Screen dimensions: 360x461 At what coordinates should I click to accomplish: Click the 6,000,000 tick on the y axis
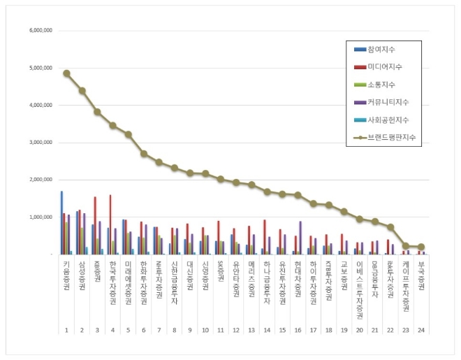[x=43, y=31]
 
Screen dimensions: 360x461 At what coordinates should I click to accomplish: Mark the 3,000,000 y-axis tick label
[x=43, y=143]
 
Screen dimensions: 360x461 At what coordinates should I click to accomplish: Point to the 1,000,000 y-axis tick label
[x=43, y=217]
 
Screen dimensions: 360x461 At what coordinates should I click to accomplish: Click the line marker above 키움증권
[x=66, y=73]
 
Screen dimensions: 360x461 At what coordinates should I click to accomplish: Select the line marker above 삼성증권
[x=82, y=90]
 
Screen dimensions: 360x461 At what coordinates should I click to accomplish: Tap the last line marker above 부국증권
[x=420, y=247]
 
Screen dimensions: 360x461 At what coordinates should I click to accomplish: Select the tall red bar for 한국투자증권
[x=110, y=224]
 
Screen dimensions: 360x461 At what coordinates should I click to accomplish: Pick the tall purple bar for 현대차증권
[x=300, y=238]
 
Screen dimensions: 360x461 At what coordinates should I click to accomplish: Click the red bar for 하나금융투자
[x=265, y=237]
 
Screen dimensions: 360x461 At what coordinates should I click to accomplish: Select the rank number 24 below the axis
[x=420, y=329]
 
